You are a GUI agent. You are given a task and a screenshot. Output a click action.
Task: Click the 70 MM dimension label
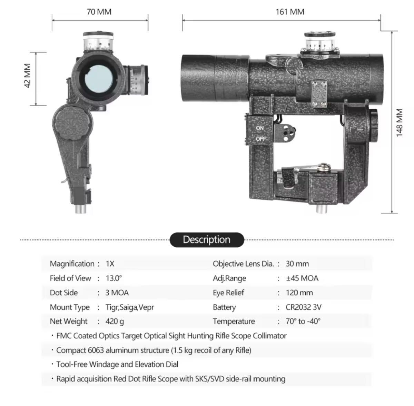pos(99,12)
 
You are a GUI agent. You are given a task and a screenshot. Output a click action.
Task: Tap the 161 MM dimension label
pos(290,12)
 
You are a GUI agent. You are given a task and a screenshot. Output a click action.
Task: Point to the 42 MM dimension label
pos(28,76)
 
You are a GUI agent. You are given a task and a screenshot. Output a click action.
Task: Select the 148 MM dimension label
pos(399,122)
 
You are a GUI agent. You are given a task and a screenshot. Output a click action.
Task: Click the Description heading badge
pos(207,239)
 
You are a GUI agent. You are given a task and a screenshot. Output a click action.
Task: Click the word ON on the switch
pos(260,128)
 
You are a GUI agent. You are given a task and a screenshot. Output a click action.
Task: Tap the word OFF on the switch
pos(261,139)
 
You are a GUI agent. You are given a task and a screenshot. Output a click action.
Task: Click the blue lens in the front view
pos(99,79)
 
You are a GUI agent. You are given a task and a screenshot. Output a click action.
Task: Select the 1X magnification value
pos(110,264)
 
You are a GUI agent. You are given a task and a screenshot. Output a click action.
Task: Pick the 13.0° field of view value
pos(114,278)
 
